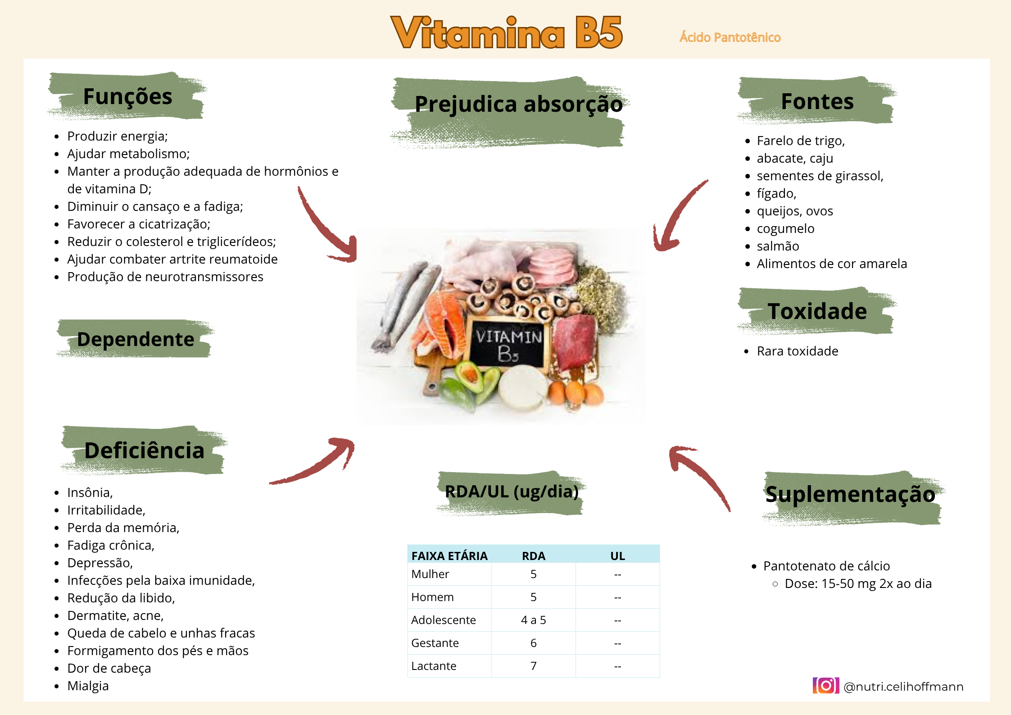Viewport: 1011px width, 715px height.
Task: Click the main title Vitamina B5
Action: (507, 32)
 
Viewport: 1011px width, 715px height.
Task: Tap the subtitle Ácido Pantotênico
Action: (730, 37)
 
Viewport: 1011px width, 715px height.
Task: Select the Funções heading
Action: (128, 96)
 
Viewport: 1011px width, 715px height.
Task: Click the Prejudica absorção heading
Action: (519, 104)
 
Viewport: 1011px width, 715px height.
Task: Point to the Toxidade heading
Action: (817, 311)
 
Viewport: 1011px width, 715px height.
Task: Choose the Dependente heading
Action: (136, 339)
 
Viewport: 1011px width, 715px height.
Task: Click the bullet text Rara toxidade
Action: (798, 351)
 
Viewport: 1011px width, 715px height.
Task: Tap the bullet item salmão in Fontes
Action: (778, 246)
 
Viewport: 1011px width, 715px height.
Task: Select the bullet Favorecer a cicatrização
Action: (139, 224)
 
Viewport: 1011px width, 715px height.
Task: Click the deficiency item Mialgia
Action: (88, 686)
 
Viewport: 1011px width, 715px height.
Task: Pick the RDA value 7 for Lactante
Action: (533, 666)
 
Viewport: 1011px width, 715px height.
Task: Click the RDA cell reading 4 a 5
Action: (533, 620)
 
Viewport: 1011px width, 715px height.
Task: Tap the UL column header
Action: (617, 556)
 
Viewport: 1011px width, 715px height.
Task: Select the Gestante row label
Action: (435, 643)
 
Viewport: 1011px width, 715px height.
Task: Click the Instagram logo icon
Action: (826, 686)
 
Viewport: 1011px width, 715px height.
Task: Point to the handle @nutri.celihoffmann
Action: (903, 687)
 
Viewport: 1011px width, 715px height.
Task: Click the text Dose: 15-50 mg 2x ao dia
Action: (858, 583)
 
